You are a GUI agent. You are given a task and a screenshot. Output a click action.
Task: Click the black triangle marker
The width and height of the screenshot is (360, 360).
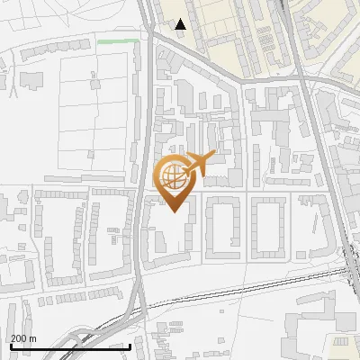point(181,24)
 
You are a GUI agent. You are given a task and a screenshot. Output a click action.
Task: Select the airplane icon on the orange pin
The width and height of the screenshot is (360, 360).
point(199,164)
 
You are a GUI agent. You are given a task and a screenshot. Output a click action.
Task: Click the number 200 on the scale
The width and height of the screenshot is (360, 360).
point(19,338)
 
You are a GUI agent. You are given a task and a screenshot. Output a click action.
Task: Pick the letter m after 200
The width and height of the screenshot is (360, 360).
point(33,338)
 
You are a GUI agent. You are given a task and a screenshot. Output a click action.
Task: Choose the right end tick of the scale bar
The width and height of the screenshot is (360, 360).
point(130,345)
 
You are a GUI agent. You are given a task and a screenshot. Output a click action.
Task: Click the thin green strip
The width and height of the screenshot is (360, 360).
point(118,40)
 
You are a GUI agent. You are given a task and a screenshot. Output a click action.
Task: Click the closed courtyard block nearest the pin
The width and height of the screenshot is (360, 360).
point(223,224)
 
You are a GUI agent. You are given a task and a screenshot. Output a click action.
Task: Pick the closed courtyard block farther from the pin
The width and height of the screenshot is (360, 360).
point(269,224)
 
